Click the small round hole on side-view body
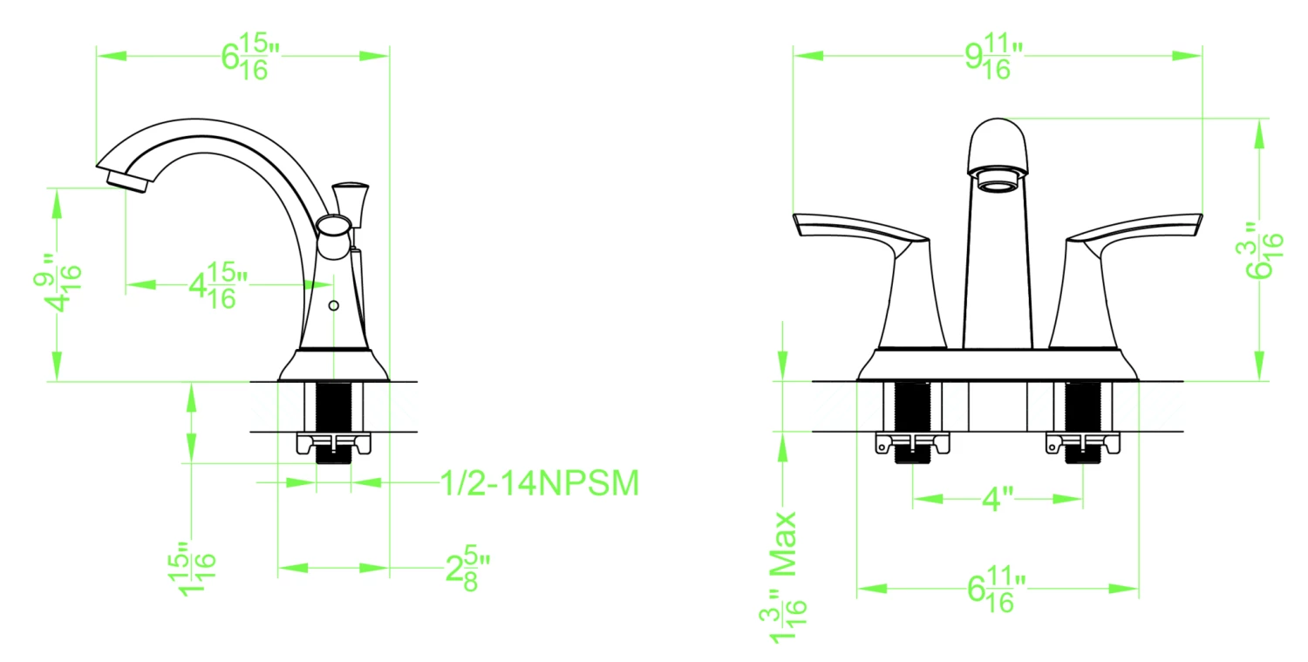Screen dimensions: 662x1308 point(333,306)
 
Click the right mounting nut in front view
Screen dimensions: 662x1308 point(1083,446)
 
